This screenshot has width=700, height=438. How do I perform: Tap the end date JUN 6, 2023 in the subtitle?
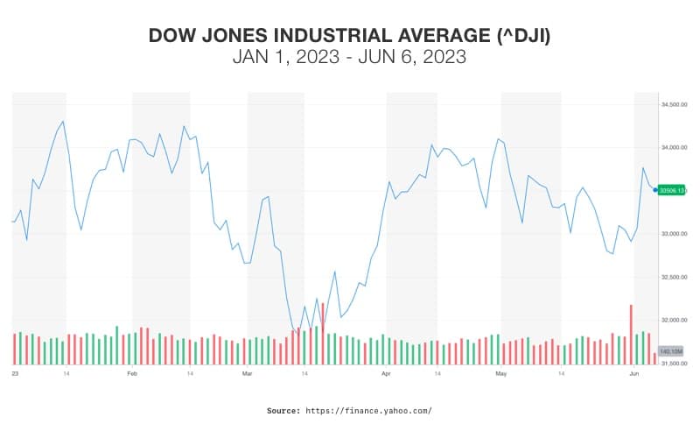pos(413,57)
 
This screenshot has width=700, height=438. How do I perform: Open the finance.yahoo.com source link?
pos(368,410)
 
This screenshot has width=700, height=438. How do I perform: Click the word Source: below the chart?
pos(283,410)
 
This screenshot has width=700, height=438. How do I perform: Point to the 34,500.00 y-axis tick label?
pos(672,104)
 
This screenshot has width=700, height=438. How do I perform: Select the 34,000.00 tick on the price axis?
pos(672,147)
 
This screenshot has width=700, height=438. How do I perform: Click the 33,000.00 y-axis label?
pos(672,234)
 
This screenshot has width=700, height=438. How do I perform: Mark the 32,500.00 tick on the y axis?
pos(672,277)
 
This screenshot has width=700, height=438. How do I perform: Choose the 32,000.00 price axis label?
pos(672,320)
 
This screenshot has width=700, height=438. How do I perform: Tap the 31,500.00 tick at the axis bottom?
pos(672,363)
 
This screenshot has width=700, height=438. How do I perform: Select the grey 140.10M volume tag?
pos(671,350)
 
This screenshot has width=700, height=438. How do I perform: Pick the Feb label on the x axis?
pos(132,373)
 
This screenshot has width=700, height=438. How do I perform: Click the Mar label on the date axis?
pos(246,373)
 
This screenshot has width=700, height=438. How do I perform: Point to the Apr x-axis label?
pos(386,373)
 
